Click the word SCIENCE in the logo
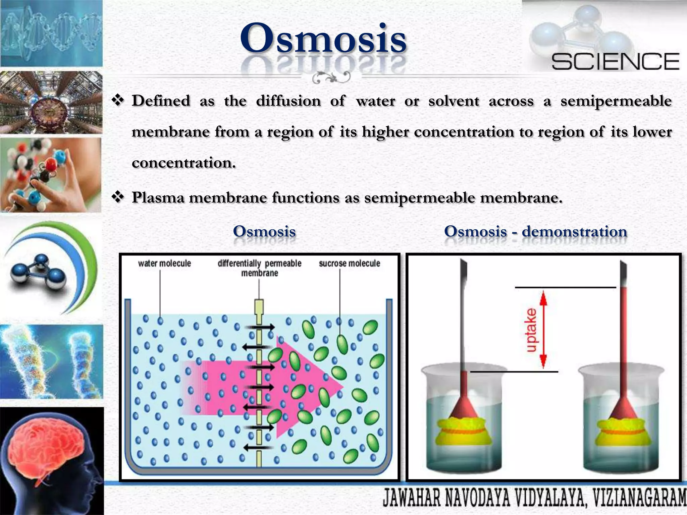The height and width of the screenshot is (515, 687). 615,62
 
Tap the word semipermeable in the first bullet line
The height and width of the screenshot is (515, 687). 616,101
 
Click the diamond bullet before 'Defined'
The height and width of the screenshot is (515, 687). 118,100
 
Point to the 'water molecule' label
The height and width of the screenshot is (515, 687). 164,264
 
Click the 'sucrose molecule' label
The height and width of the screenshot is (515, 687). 349,264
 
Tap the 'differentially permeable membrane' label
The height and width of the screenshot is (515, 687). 260,268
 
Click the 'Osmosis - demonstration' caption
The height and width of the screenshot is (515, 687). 535,232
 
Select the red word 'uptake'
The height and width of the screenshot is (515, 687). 531,330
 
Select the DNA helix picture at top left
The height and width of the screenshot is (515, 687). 51,34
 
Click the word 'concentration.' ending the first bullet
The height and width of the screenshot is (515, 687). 184,163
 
